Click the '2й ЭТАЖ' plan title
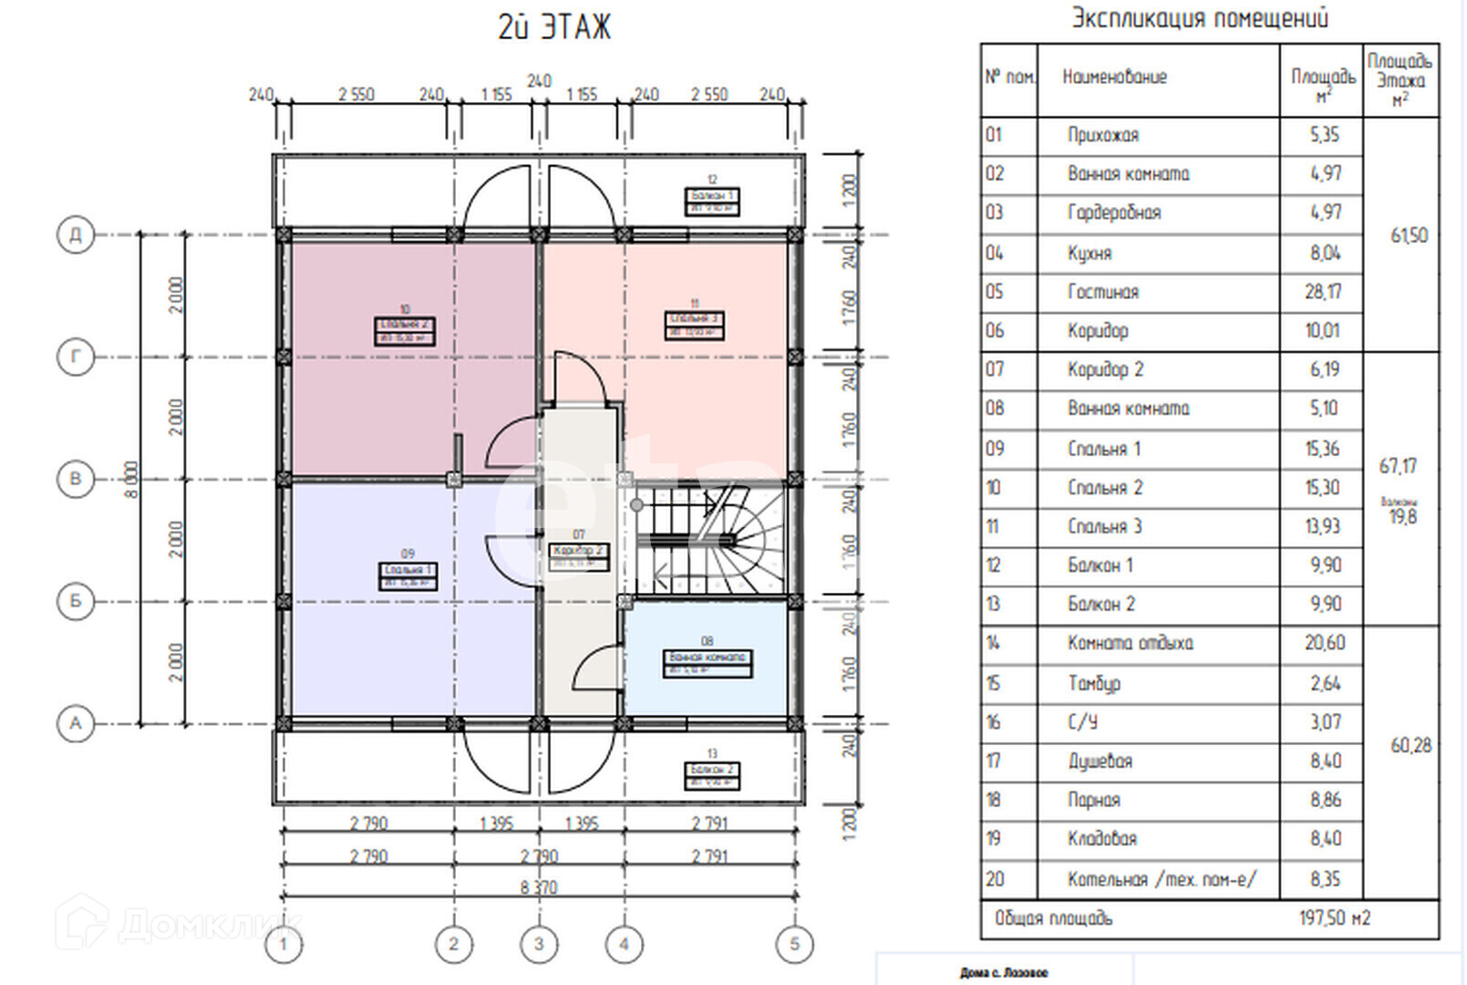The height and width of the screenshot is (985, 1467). tap(553, 27)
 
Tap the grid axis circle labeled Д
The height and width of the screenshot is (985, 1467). tap(75, 234)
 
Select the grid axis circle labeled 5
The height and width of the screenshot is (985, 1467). tap(794, 944)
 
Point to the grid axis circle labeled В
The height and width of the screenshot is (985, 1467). tap(75, 479)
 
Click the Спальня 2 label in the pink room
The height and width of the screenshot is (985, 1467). tap(405, 330)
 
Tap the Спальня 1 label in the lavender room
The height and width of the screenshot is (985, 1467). tap(408, 575)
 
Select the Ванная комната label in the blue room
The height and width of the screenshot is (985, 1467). tap(708, 663)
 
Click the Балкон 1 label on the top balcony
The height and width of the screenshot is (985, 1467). tap(711, 201)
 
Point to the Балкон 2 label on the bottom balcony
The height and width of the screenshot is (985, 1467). tap(711, 774)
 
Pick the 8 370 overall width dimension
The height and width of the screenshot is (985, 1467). tap(539, 886)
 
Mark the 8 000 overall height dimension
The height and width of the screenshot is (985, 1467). tap(132, 479)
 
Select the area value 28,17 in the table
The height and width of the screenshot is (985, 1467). tap(1323, 292)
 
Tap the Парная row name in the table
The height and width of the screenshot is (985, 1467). tap(1093, 800)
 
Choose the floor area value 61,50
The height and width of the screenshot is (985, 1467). tap(1409, 235)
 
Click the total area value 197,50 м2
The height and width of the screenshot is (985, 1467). tap(1334, 918)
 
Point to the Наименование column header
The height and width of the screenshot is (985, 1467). tap(1114, 78)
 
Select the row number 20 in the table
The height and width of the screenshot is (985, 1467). tap(995, 878)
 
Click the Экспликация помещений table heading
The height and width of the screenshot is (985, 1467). tap(1199, 18)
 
